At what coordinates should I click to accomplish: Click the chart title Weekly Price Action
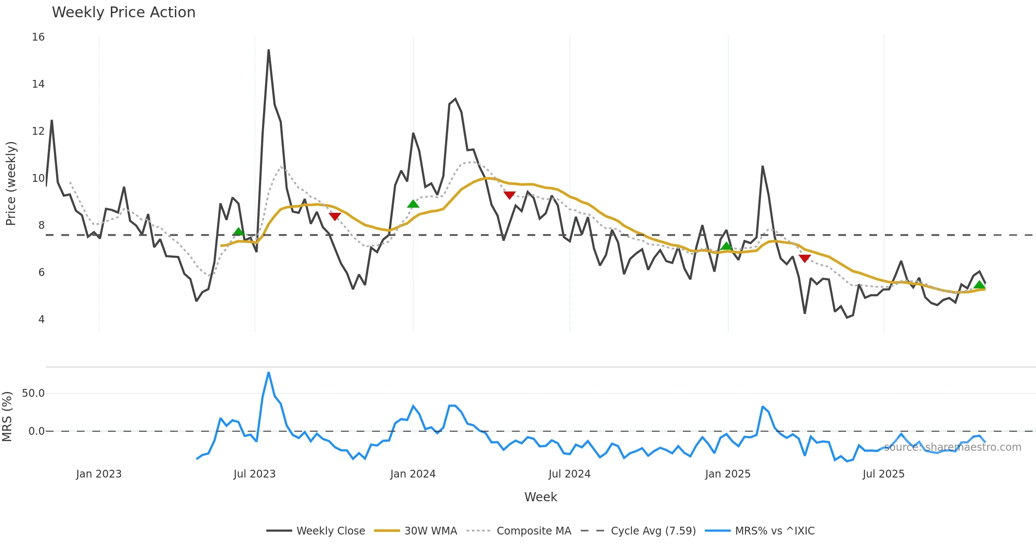[x=123, y=13]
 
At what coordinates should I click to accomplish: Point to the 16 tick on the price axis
[x=38, y=37]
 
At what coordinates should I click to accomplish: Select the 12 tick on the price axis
[x=38, y=131]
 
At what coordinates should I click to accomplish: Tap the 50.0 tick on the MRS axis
[x=33, y=393]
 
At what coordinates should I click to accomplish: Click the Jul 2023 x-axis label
[x=254, y=474]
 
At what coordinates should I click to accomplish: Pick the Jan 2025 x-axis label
[x=728, y=474]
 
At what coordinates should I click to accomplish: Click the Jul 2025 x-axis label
[x=883, y=474]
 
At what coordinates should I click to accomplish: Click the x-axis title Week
[x=540, y=497]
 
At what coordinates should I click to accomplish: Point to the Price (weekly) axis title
[x=11, y=183]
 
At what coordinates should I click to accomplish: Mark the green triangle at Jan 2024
[x=413, y=204]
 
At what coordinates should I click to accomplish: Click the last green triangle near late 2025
[x=979, y=285]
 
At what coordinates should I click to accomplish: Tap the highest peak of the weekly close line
[x=268, y=51]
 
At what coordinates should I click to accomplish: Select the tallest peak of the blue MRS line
[x=268, y=373]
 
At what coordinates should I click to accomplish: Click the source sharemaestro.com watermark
[x=952, y=447]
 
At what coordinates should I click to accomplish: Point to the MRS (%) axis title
[x=7, y=417]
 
